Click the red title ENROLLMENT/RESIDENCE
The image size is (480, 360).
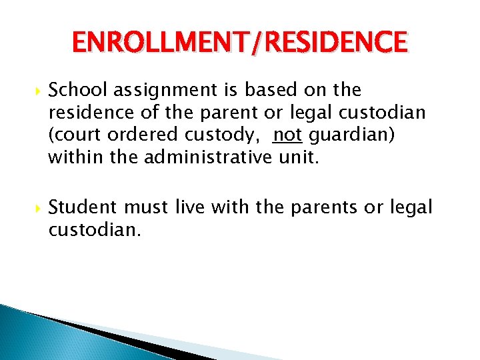(239, 43)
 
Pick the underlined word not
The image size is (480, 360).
(287, 135)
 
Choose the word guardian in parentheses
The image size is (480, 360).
(351, 135)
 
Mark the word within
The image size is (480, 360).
(70, 158)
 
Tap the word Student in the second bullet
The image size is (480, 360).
(80, 207)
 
